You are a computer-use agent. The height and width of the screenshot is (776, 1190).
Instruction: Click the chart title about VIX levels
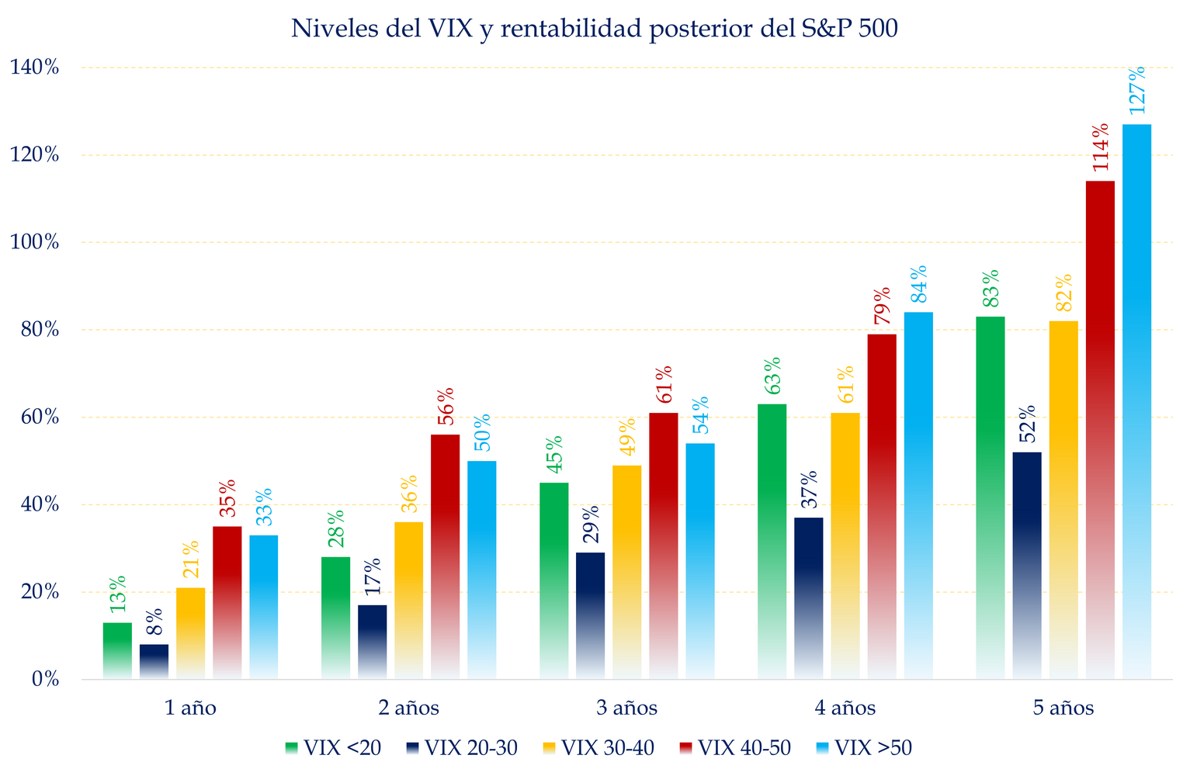click(595, 29)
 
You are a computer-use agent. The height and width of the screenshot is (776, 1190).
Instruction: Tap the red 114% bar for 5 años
click(1100, 431)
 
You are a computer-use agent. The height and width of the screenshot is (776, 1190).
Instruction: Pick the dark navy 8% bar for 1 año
click(154, 662)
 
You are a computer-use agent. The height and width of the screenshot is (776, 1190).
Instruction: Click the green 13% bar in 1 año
click(117, 651)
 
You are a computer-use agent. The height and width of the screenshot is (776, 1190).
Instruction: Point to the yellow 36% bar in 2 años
click(409, 601)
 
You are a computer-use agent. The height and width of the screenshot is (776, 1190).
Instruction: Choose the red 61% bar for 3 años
click(663, 546)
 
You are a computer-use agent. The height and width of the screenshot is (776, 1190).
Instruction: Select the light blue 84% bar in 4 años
click(918, 496)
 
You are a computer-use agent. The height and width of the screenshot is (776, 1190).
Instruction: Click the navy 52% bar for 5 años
click(1027, 566)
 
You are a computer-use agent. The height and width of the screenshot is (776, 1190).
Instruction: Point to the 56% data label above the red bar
click(446, 406)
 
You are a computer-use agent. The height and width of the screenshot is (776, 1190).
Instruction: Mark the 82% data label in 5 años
click(1063, 293)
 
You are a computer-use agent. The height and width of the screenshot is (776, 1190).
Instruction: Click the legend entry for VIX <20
click(333, 748)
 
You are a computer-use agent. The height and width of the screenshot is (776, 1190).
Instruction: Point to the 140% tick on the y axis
click(34, 68)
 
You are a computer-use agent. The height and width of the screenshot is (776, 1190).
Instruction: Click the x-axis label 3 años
click(627, 708)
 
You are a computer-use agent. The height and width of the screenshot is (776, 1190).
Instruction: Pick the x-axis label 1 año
click(190, 708)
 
